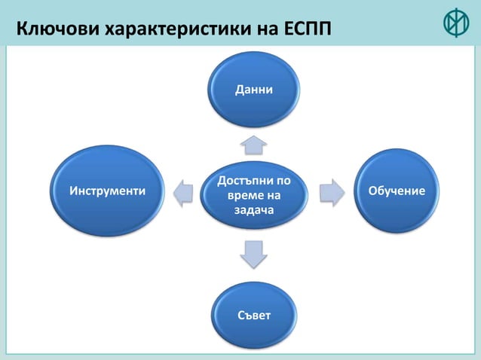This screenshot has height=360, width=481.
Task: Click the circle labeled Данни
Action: [254, 88]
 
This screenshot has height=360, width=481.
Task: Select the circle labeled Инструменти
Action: [108, 190]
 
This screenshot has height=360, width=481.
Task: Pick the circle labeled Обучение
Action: [397, 191]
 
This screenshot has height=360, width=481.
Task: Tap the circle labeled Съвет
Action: [254, 312]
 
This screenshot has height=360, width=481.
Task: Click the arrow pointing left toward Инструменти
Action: [184, 193]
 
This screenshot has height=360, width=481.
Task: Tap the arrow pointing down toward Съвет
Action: [253, 254]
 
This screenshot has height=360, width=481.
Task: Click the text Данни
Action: [254, 90]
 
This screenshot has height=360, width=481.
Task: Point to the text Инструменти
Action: [108, 191]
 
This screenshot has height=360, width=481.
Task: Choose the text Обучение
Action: [397, 191]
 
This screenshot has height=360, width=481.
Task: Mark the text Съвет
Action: [254, 313]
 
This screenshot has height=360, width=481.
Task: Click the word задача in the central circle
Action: [253, 209]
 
